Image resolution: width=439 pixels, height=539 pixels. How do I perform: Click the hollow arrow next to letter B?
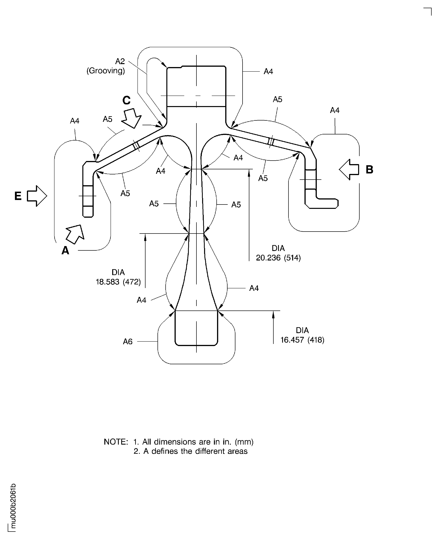(349, 170)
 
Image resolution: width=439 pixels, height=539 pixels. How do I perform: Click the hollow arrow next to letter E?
(37, 196)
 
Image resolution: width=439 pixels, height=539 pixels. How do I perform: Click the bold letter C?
(126, 100)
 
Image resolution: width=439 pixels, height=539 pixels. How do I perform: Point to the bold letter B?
(369, 170)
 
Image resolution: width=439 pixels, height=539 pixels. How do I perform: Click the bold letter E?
(18, 196)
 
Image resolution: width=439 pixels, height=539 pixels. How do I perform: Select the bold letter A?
(65, 250)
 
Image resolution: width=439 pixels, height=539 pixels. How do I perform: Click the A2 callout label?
(120, 61)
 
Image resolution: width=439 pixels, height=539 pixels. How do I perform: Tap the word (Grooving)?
(106, 70)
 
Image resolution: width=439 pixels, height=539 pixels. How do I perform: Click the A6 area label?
(128, 342)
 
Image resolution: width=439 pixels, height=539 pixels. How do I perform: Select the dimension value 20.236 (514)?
(278, 258)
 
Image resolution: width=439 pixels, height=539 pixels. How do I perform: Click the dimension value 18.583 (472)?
(118, 282)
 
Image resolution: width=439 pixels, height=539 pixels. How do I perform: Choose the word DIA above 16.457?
(302, 330)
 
